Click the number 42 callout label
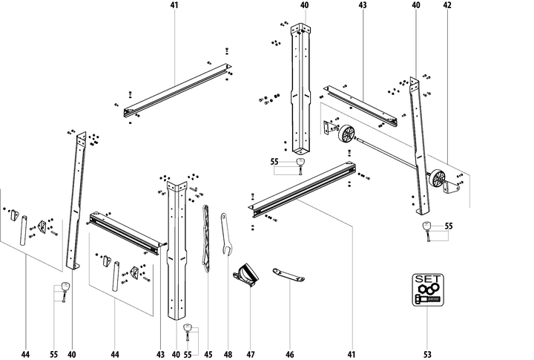(x=446, y=5)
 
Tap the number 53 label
(x=427, y=355)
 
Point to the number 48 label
(x=228, y=355)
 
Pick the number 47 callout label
(x=250, y=355)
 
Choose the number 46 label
(x=290, y=355)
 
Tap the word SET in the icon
(x=427, y=279)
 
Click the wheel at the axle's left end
(x=346, y=136)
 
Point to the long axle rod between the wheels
(x=393, y=156)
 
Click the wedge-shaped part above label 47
(x=247, y=275)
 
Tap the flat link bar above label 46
(x=290, y=275)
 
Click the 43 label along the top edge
(x=363, y=5)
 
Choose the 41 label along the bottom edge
(x=352, y=355)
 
